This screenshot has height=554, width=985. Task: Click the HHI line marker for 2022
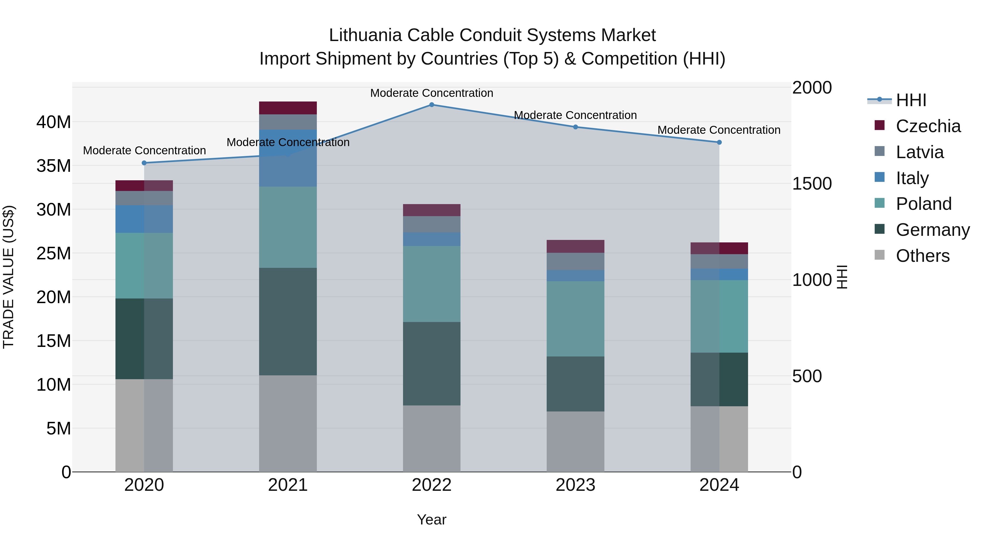click(x=432, y=105)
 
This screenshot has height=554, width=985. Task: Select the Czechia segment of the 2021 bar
click(x=288, y=108)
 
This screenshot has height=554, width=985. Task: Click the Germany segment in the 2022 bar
click(x=432, y=364)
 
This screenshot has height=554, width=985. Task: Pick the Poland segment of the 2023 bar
click(x=575, y=319)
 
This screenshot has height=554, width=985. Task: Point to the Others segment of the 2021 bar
click(x=288, y=423)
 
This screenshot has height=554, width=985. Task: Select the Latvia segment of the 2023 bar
click(x=575, y=261)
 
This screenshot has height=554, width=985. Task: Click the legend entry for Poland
click(x=923, y=204)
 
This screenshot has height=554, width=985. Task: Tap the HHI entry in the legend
click(x=911, y=100)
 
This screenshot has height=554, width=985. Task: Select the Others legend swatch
click(x=879, y=255)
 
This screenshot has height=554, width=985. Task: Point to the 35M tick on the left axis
click(x=54, y=166)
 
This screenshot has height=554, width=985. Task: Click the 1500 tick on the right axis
click(x=812, y=184)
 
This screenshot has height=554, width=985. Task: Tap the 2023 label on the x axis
click(x=575, y=485)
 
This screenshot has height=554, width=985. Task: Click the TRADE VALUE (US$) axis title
click(x=8, y=277)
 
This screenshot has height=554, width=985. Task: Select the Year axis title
click(x=432, y=520)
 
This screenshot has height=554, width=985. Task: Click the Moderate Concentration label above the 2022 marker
click(x=432, y=93)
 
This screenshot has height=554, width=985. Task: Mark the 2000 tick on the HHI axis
click(x=812, y=88)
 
